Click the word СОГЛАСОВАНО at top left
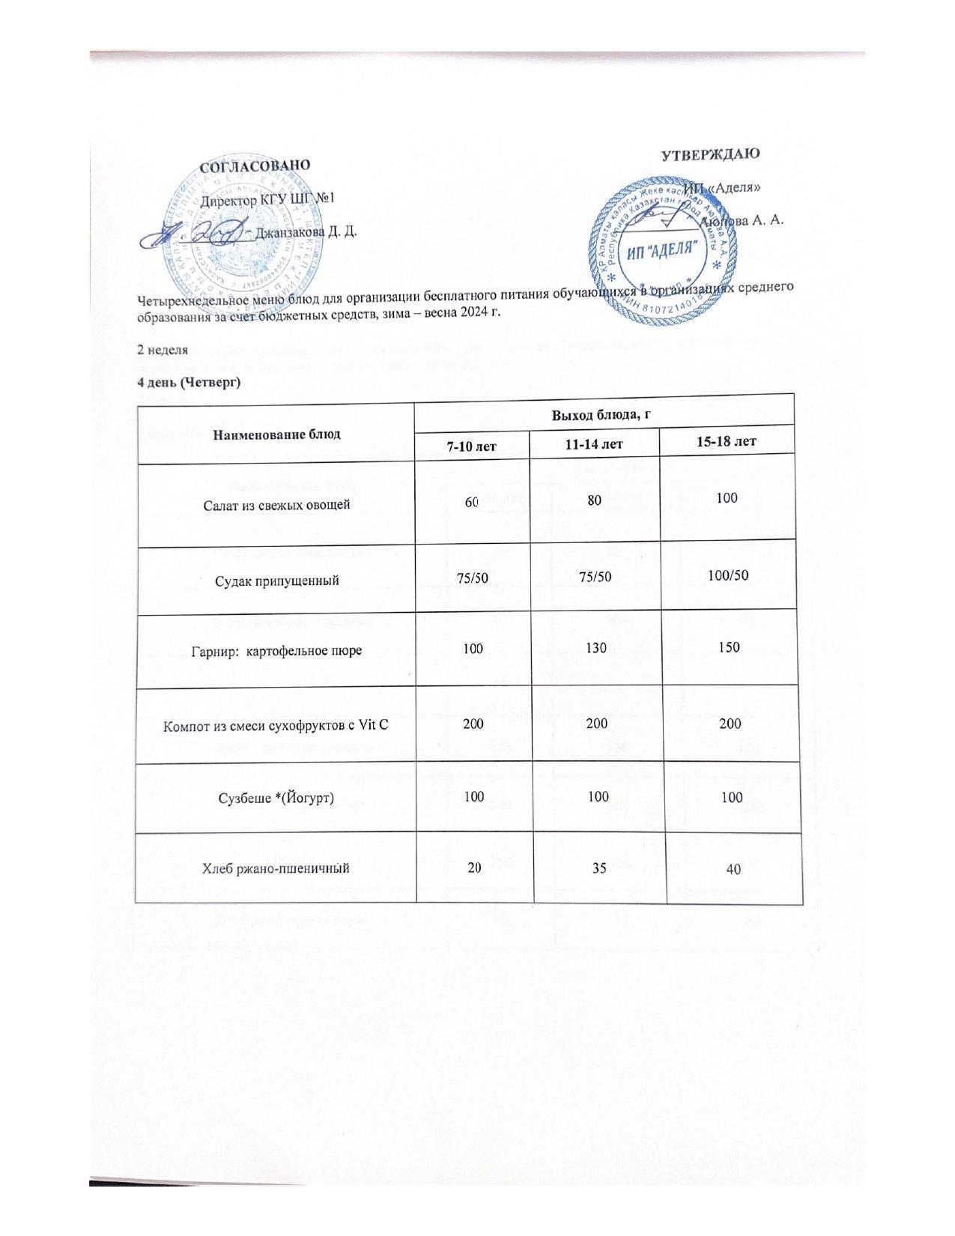(255, 166)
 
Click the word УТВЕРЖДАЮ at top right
(711, 154)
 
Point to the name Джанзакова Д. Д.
(306, 231)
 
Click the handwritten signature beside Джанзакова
(196, 235)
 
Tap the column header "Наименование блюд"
(276, 434)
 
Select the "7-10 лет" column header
(472, 446)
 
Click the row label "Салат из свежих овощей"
(277, 505)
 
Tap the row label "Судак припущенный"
(277, 580)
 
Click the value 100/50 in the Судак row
(728, 575)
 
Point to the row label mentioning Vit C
(277, 725)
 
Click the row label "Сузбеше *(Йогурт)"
(277, 797)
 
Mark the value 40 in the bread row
(733, 870)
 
